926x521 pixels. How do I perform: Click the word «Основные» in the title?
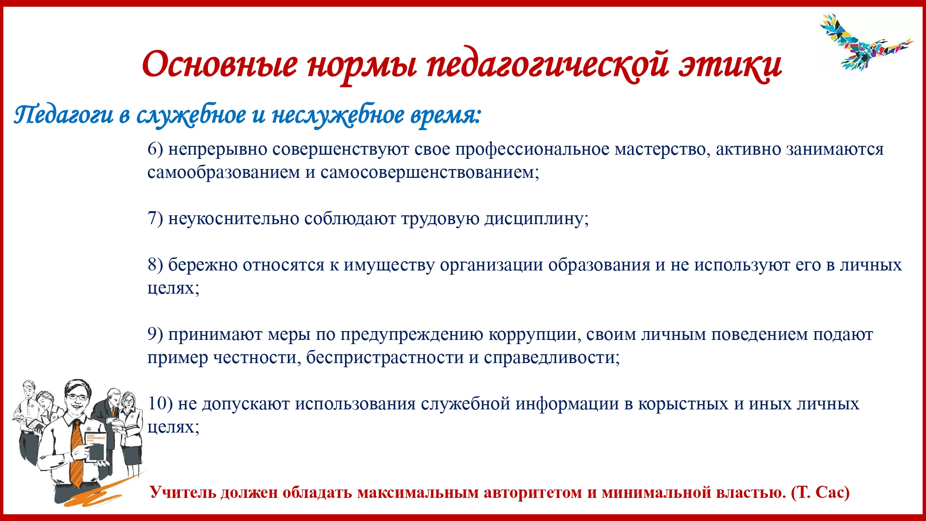pyautogui.click(x=219, y=64)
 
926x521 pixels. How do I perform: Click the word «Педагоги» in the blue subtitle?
pyautogui.click(x=63, y=115)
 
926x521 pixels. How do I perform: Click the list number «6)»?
pyautogui.click(x=155, y=149)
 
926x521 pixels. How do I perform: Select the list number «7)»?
pyautogui.click(x=155, y=219)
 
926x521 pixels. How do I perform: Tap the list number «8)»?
pyautogui.click(x=155, y=265)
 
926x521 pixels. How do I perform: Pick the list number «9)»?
pyautogui.click(x=155, y=334)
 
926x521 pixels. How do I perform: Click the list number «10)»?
pyautogui.click(x=160, y=404)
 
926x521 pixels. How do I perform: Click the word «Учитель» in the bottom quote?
pyautogui.click(x=183, y=492)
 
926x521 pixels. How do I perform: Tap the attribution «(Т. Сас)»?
pyautogui.click(x=820, y=492)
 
